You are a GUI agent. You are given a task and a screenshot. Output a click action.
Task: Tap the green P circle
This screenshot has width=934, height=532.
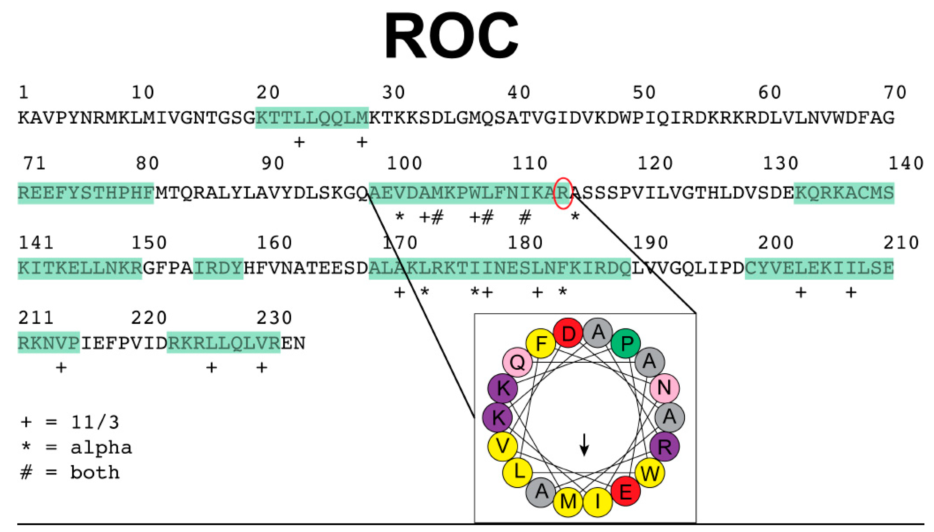(626, 343)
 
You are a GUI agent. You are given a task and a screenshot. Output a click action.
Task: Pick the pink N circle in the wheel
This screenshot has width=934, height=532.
(664, 388)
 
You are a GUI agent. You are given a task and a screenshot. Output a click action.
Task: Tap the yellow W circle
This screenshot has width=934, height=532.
(650, 474)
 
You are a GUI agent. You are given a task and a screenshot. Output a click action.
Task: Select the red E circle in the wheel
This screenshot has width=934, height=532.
(625, 491)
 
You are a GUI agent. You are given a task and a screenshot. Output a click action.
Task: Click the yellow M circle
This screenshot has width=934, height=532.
(568, 502)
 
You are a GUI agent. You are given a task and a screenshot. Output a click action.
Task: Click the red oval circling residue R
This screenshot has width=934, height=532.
(563, 193)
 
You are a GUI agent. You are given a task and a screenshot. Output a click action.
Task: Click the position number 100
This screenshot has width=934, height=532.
(404, 163)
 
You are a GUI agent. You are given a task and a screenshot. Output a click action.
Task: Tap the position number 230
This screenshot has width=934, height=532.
(274, 318)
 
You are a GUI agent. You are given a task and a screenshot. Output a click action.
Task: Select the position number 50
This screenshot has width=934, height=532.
(644, 93)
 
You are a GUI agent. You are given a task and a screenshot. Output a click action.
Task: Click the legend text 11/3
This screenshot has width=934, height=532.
(95, 423)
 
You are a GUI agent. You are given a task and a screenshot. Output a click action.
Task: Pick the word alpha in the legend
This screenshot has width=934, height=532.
(101, 447)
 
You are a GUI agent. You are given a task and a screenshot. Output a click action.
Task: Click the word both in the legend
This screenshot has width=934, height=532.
(95, 472)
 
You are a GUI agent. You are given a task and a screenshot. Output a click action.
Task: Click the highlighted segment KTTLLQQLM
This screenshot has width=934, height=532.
(311, 118)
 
